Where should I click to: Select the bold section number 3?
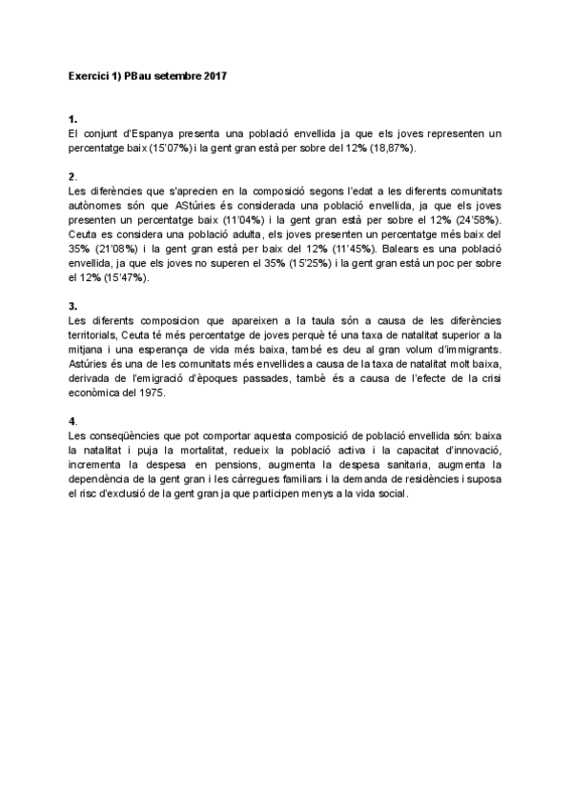pyautogui.click(x=72, y=305)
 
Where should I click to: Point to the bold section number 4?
pyautogui.click(x=72, y=420)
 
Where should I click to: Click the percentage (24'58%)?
pyautogui.click(x=475, y=219)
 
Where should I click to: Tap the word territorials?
pyautogui.click(x=96, y=334)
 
